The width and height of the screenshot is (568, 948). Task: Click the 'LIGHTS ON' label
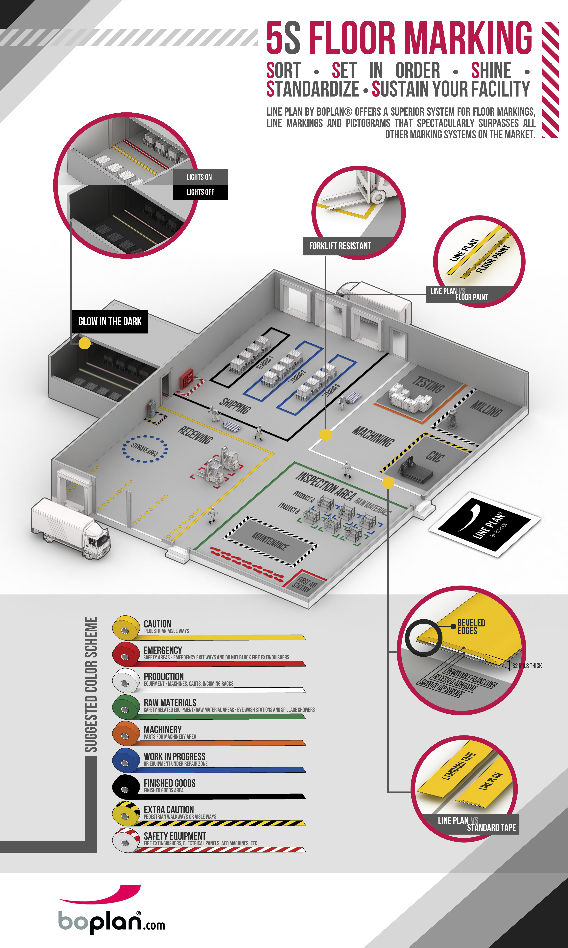click(199, 177)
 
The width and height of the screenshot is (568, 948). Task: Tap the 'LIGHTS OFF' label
click(200, 192)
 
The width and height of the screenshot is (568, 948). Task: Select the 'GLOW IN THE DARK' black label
click(110, 321)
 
